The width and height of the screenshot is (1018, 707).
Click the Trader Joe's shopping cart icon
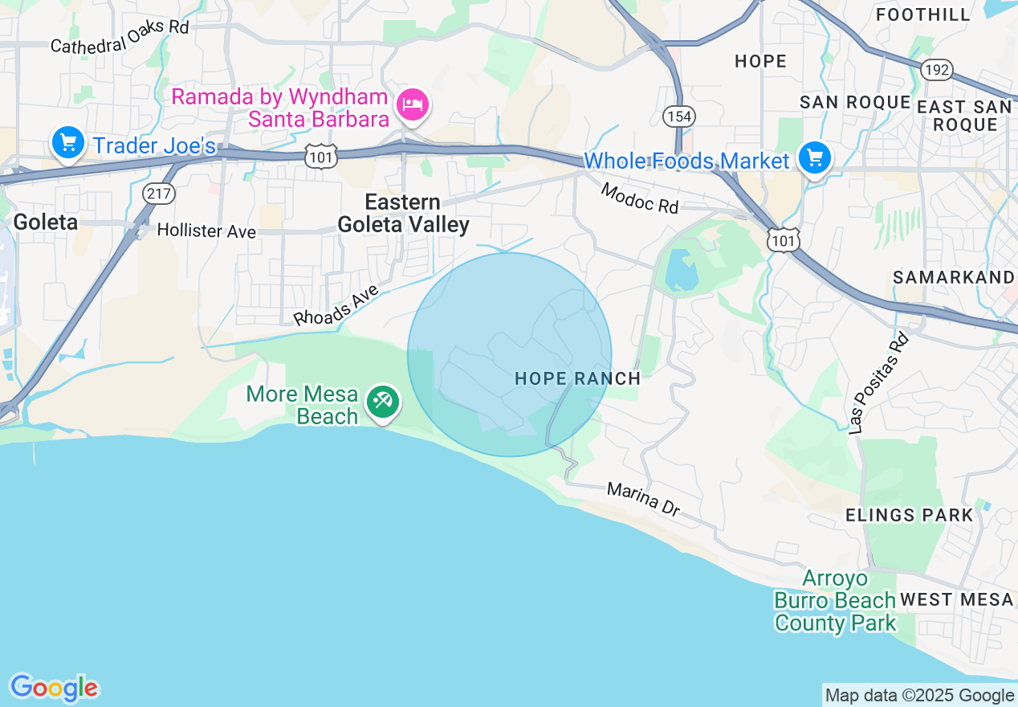pyautogui.click(x=68, y=144)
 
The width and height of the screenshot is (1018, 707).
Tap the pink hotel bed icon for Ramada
pyautogui.click(x=413, y=104)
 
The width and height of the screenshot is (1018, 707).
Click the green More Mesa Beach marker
pyautogui.click(x=383, y=400)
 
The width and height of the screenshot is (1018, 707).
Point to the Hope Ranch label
pyautogui.click(x=577, y=378)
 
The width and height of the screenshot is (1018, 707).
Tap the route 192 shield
pyautogui.click(x=937, y=70)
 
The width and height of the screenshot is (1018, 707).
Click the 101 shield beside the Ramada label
pyautogui.click(x=321, y=157)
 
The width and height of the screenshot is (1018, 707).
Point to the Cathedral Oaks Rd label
pyautogui.click(x=119, y=37)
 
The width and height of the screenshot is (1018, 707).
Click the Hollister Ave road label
pyautogui.click(x=206, y=231)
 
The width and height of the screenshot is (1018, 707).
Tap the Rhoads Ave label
pyautogui.click(x=336, y=305)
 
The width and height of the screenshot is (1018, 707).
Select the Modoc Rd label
pyautogui.click(x=639, y=199)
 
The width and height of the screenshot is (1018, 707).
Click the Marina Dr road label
pyautogui.click(x=643, y=499)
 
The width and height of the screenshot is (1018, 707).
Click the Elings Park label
pyautogui.click(x=909, y=515)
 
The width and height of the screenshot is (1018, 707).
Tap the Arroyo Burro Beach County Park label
pyautogui.click(x=835, y=600)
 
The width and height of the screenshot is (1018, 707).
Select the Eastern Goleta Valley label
pyautogui.click(x=403, y=213)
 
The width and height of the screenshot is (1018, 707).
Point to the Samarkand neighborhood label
pyautogui.click(x=954, y=277)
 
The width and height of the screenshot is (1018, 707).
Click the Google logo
pyautogui.click(x=54, y=688)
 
